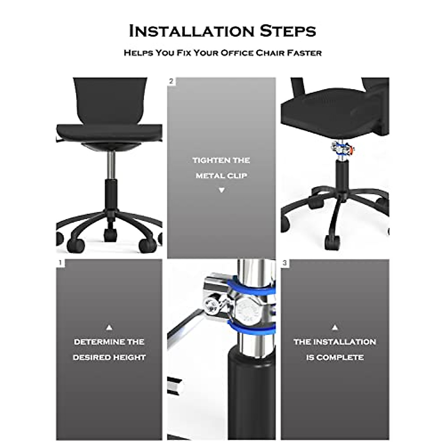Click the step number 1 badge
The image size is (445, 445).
click(x=60, y=263)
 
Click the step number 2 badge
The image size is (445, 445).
click(x=171, y=81)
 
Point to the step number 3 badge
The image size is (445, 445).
click(x=284, y=263)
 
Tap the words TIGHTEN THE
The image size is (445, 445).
click(x=221, y=161)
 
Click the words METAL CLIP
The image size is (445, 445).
click(x=221, y=176)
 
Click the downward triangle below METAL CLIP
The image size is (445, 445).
click(x=221, y=190)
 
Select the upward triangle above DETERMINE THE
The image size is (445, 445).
click(x=109, y=328)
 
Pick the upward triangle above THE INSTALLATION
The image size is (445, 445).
click(x=335, y=328)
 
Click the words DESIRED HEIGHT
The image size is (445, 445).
click(x=109, y=357)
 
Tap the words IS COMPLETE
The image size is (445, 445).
click(x=335, y=357)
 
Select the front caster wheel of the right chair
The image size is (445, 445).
click(x=332, y=243)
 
